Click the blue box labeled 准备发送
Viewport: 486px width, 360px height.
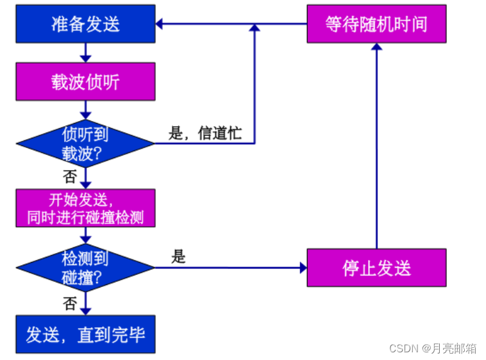click(x=85, y=24)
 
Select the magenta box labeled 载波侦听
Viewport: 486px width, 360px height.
click(x=85, y=81)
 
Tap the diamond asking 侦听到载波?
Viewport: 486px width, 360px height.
click(x=85, y=143)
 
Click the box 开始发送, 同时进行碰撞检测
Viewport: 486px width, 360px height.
click(x=85, y=208)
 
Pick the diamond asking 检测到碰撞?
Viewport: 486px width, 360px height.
click(x=85, y=268)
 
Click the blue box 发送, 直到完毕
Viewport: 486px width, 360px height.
click(x=85, y=334)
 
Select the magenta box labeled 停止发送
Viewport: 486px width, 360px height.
click(x=376, y=268)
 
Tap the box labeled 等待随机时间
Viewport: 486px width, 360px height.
click(x=376, y=24)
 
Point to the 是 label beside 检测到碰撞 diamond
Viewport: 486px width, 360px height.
click(x=178, y=258)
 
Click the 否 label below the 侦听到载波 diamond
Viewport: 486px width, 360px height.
click(x=70, y=176)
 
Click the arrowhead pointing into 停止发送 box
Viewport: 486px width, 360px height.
click(x=303, y=268)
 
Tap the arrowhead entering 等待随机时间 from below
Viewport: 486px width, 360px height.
click(x=376, y=47)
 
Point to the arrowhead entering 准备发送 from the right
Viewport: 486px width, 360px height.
click(x=159, y=24)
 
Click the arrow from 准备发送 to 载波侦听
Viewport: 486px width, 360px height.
click(x=85, y=53)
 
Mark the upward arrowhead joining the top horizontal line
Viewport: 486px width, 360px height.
click(x=255, y=28)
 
